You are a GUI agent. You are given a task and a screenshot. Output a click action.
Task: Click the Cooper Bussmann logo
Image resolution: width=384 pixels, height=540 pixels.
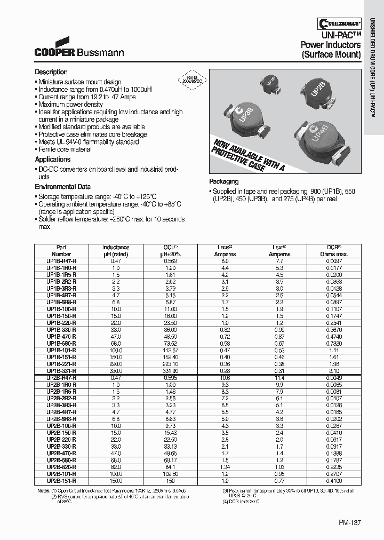click(x=79, y=49)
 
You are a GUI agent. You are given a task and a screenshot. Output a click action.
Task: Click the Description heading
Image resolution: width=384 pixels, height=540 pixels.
click(x=51, y=72)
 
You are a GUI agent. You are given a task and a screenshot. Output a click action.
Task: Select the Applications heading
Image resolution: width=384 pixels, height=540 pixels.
click(x=53, y=160)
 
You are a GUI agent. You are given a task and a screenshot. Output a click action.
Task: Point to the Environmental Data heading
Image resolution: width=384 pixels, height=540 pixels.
click(x=62, y=187)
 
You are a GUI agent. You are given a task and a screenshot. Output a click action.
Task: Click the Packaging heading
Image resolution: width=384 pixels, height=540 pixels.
click(x=223, y=181)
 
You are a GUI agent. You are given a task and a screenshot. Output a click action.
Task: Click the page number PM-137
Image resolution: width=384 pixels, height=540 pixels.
click(x=349, y=523)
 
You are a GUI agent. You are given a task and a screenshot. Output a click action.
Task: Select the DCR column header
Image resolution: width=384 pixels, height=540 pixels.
click(x=337, y=251)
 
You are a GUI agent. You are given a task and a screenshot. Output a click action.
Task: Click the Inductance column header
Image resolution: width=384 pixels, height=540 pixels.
click(x=116, y=251)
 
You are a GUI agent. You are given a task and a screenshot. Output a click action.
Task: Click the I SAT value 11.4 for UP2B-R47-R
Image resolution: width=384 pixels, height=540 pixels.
click(x=279, y=377)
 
